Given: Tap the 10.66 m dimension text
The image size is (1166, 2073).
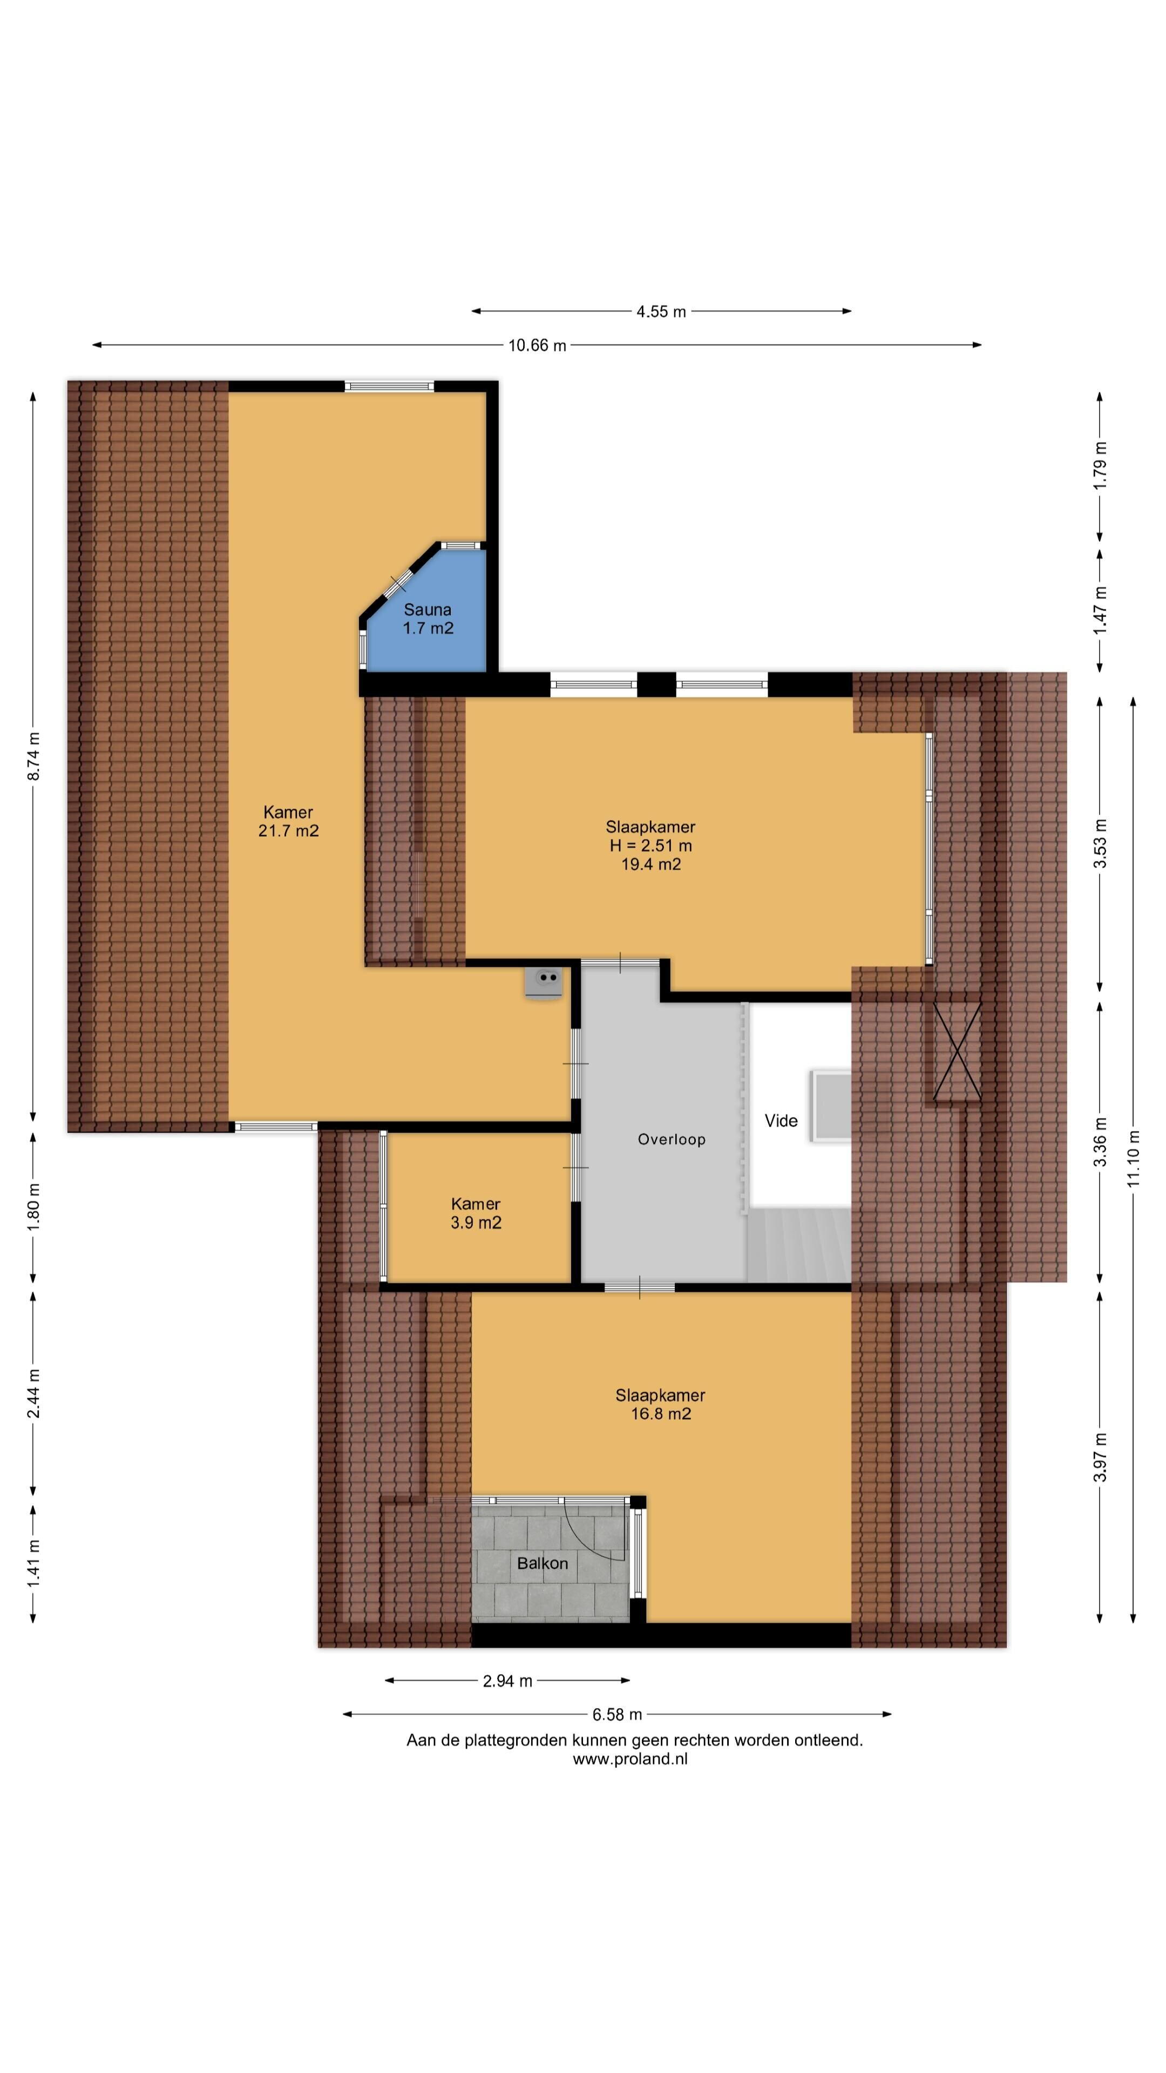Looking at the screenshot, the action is click(537, 345).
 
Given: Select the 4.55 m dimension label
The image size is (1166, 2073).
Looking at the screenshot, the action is click(661, 311).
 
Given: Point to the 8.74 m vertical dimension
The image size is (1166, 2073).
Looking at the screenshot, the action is click(33, 756).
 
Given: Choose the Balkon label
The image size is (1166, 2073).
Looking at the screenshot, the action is click(543, 1563).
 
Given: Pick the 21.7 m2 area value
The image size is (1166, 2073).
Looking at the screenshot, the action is click(288, 830).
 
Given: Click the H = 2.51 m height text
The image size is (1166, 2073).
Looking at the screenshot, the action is click(650, 846).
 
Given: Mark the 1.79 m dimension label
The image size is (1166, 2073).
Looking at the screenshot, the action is click(1100, 465).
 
